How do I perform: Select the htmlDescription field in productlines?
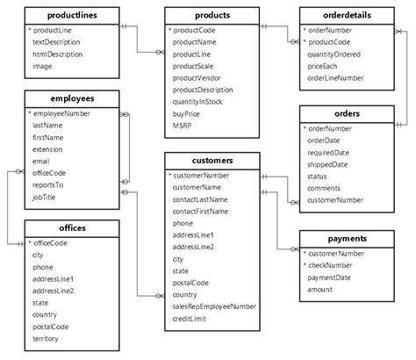(x=59, y=53)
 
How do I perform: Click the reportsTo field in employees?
(x=50, y=185)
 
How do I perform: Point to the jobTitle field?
(x=46, y=198)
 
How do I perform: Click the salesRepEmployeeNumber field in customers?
(x=214, y=306)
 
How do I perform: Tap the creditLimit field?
(x=191, y=319)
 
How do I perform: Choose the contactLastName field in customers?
(x=200, y=199)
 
